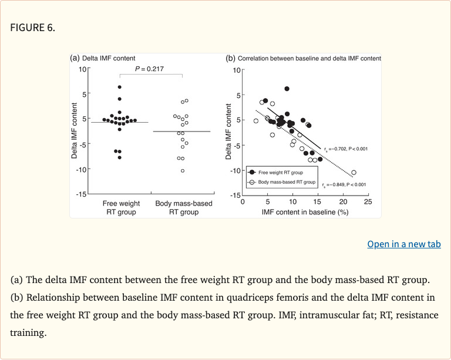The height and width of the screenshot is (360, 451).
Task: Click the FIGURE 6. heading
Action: point(33,27)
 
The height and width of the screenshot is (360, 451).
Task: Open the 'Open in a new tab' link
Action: point(404,244)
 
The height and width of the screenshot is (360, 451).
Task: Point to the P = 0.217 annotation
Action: point(149,69)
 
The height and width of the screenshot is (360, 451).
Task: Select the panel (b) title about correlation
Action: point(309,58)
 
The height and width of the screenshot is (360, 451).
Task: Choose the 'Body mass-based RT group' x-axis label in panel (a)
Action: point(183,207)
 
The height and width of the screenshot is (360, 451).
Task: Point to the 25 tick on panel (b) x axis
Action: point(368,202)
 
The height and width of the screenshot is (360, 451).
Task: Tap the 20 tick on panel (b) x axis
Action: point(342,202)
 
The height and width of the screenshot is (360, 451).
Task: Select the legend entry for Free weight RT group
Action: point(279,173)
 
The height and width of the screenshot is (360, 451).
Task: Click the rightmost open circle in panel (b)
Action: point(354,173)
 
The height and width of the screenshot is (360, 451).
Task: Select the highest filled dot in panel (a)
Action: point(119,87)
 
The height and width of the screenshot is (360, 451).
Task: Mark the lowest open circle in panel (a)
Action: point(183,171)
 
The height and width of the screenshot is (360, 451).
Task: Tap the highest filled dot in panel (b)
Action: point(287,89)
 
